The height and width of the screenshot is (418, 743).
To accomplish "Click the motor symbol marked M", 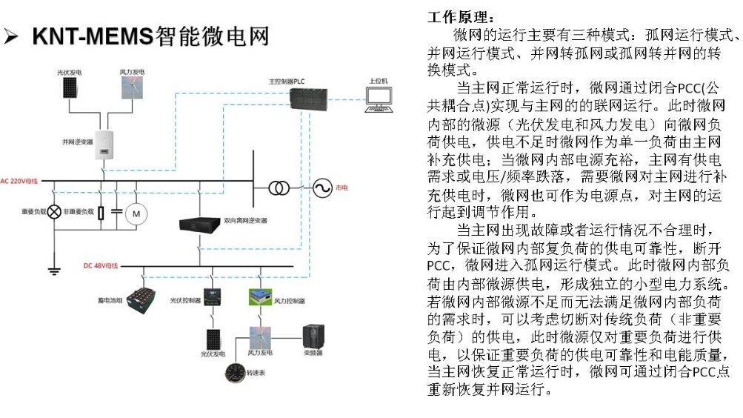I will point(136,213).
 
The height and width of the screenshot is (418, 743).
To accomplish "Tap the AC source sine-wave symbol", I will point(322,188).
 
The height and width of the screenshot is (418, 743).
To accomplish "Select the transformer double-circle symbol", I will point(279,188).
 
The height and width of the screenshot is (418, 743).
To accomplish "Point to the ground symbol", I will point(53,271).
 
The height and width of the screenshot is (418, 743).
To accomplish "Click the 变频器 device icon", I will point(313,337).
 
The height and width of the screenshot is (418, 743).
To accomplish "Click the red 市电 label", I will point(341,188).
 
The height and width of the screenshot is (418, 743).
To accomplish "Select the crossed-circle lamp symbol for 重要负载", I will point(53,213).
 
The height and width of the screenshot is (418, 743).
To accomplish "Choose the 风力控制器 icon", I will point(260,296).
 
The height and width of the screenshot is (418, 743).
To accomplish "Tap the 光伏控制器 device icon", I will point(213,298).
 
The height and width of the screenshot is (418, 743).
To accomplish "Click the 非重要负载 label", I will point(79,213).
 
